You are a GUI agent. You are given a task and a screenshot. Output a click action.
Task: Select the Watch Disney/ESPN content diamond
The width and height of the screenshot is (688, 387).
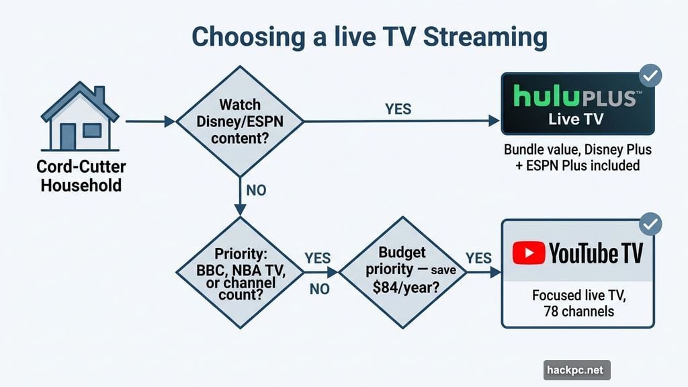tap(240, 122)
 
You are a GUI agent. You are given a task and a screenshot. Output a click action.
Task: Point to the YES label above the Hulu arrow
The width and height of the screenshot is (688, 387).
tap(398, 108)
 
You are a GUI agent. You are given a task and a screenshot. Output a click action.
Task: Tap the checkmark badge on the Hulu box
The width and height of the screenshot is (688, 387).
tap(650, 75)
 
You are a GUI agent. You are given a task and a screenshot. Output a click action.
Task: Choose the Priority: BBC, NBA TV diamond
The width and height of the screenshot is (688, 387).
tap(240, 273)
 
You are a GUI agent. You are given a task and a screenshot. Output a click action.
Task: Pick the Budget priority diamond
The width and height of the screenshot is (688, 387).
tap(402, 273)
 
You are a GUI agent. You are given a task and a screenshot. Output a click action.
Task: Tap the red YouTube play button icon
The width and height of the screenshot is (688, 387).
tap(528, 253)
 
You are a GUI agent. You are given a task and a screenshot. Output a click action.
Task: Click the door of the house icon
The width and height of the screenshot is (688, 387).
tap(69, 136)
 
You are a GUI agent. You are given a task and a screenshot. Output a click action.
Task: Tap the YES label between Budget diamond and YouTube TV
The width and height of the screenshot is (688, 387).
tap(478, 258)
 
